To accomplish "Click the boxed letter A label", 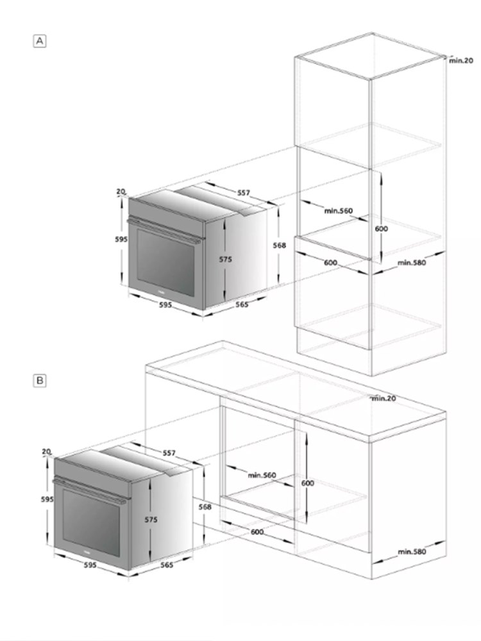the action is [x=40, y=41].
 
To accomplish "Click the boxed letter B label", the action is [x=40, y=381].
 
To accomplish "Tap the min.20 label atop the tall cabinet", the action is [x=461, y=60].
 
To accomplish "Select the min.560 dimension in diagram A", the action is [x=338, y=211].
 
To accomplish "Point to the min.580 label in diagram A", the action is [x=412, y=262].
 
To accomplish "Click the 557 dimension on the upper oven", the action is [x=243, y=192].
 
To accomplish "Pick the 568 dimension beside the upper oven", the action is [x=280, y=246].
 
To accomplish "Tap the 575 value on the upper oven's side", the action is [x=225, y=259].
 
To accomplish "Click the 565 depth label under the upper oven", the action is [x=242, y=304].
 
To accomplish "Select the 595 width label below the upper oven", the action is [x=165, y=305].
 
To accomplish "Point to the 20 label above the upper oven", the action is [x=121, y=191].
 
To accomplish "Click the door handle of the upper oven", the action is [x=164, y=231].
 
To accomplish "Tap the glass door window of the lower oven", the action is [x=91, y=522].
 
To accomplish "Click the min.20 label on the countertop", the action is [x=384, y=398].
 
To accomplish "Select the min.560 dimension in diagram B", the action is [x=262, y=475].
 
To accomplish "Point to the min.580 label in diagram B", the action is [x=412, y=551].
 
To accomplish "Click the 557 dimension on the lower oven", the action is [x=169, y=453].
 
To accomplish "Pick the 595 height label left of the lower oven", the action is [x=47, y=499].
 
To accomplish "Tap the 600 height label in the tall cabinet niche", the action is [x=381, y=229].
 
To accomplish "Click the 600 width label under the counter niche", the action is [x=257, y=532].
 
